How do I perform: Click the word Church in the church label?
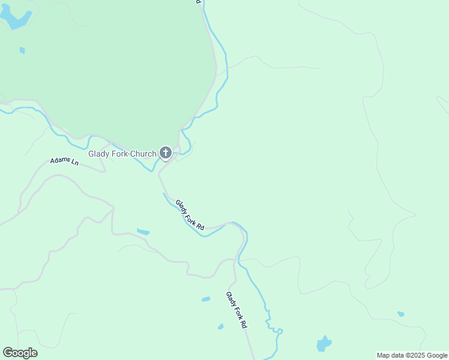click(143, 154)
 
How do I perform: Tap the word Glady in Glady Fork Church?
click(99, 154)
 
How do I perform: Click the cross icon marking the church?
click(166, 154)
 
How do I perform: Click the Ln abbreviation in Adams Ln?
click(75, 163)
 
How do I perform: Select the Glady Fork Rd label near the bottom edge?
click(237, 309)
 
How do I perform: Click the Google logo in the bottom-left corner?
click(20, 353)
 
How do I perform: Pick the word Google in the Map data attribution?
click(436, 355)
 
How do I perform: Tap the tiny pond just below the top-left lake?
click(22, 50)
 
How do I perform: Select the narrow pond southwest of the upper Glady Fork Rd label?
click(143, 232)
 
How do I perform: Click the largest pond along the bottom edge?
click(324, 344)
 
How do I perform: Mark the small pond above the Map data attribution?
click(400, 314)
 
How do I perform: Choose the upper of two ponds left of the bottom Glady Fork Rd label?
click(206, 299)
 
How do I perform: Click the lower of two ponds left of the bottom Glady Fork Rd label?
click(221, 326)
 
